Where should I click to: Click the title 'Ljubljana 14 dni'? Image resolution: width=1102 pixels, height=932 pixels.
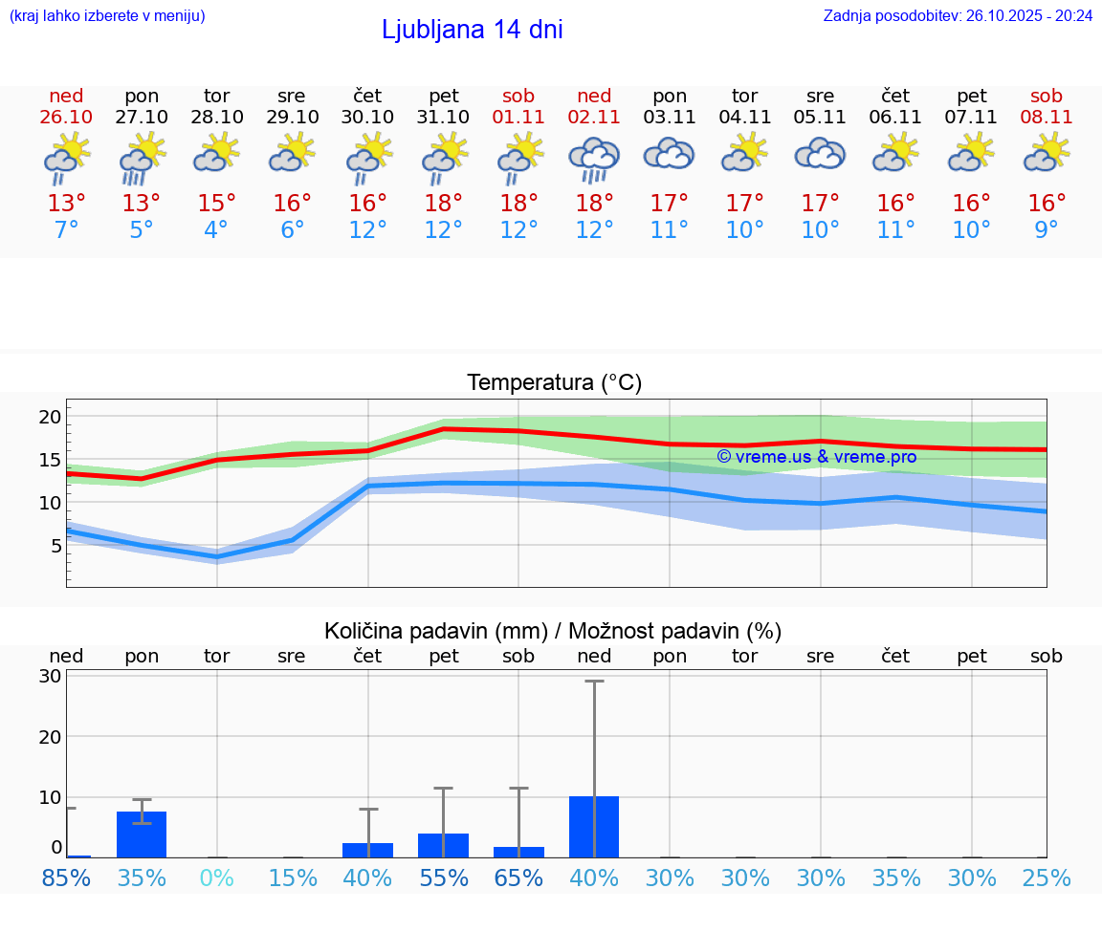click(472, 30)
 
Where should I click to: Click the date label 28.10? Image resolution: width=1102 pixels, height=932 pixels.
click(217, 118)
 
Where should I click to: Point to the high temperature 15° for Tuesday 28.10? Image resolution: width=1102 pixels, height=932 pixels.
click(217, 203)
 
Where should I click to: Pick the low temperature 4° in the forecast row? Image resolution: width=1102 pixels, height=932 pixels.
click(217, 230)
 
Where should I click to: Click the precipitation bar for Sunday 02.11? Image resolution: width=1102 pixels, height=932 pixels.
click(594, 827)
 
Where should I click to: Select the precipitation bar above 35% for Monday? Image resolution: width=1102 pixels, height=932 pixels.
click(142, 834)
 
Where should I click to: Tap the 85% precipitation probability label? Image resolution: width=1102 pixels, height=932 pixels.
click(67, 878)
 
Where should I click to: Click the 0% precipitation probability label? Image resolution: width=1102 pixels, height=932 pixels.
click(217, 878)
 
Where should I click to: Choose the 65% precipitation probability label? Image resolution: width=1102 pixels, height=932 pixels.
click(518, 878)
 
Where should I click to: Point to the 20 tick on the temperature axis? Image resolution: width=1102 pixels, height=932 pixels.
click(50, 417)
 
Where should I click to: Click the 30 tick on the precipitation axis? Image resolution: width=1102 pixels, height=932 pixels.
click(50, 676)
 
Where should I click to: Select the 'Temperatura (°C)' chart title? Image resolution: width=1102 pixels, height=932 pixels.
click(554, 383)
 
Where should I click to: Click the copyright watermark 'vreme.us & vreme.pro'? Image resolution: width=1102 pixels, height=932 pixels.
click(816, 457)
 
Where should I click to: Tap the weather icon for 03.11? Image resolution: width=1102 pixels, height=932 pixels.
click(669, 155)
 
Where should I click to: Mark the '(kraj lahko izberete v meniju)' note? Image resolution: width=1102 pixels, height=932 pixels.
click(106, 16)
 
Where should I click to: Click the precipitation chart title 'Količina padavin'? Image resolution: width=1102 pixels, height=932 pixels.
click(553, 631)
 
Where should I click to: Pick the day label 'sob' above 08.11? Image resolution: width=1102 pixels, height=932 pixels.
click(1047, 96)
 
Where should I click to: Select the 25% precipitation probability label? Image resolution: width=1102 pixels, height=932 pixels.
click(1047, 878)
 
